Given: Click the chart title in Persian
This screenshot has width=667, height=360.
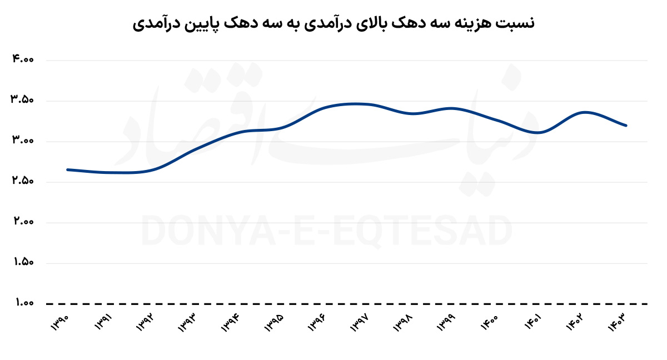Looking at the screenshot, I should [333, 23].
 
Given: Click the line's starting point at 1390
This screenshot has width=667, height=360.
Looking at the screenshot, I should [67, 169].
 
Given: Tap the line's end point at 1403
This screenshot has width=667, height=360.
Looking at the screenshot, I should [626, 126].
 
